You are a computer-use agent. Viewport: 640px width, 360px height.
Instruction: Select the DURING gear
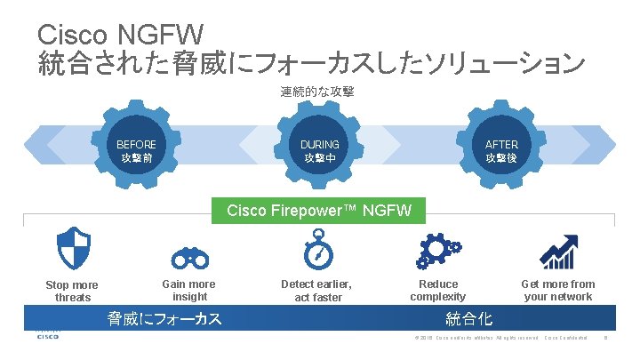(319, 150)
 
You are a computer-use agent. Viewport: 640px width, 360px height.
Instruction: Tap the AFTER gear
(502, 150)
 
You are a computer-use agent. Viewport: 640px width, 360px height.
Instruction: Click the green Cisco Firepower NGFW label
(319, 211)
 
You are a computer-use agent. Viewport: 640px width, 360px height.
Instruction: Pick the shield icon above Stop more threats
(74, 247)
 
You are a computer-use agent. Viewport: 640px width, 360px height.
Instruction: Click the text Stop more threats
(72, 291)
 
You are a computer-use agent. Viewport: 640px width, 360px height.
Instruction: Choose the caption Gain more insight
(189, 290)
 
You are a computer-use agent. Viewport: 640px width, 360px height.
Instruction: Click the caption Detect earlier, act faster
(317, 290)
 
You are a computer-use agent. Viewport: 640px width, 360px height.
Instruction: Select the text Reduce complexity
(438, 290)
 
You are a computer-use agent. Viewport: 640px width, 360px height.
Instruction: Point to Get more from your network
(557, 290)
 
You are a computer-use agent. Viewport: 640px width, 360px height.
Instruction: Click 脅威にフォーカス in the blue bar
(164, 317)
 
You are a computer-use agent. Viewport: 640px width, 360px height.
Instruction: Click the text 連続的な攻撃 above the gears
(317, 92)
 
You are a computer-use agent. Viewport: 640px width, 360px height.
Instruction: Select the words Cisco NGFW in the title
(121, 36)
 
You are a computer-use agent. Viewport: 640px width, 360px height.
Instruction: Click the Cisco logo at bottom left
(48, 335)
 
